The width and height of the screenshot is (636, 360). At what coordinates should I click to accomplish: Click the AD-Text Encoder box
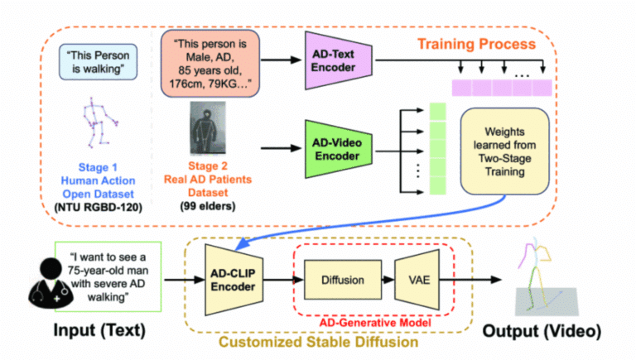(339, 60)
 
